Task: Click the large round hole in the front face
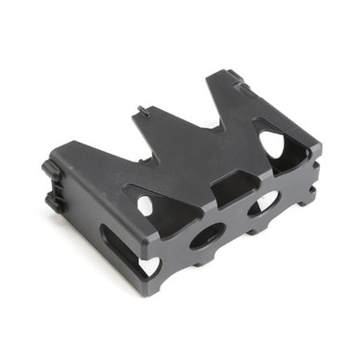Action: [x=206, y=235]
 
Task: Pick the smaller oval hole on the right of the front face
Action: [x=264, y=201]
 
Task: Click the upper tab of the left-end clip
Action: [x=50, y=171]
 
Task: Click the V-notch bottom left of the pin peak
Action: [x=103, y=149]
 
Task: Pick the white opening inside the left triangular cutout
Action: [x=142, y=204]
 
